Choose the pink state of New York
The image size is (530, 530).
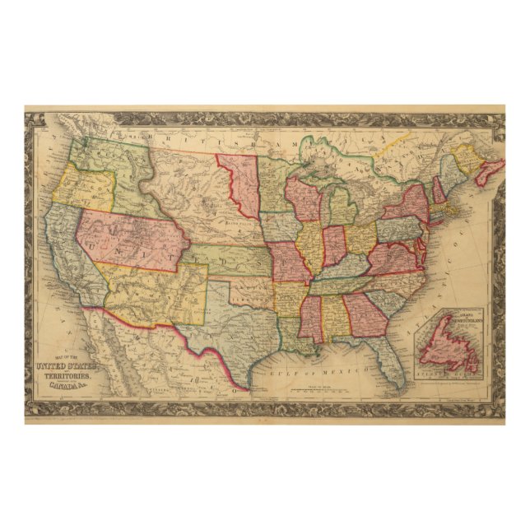[407, 206]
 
